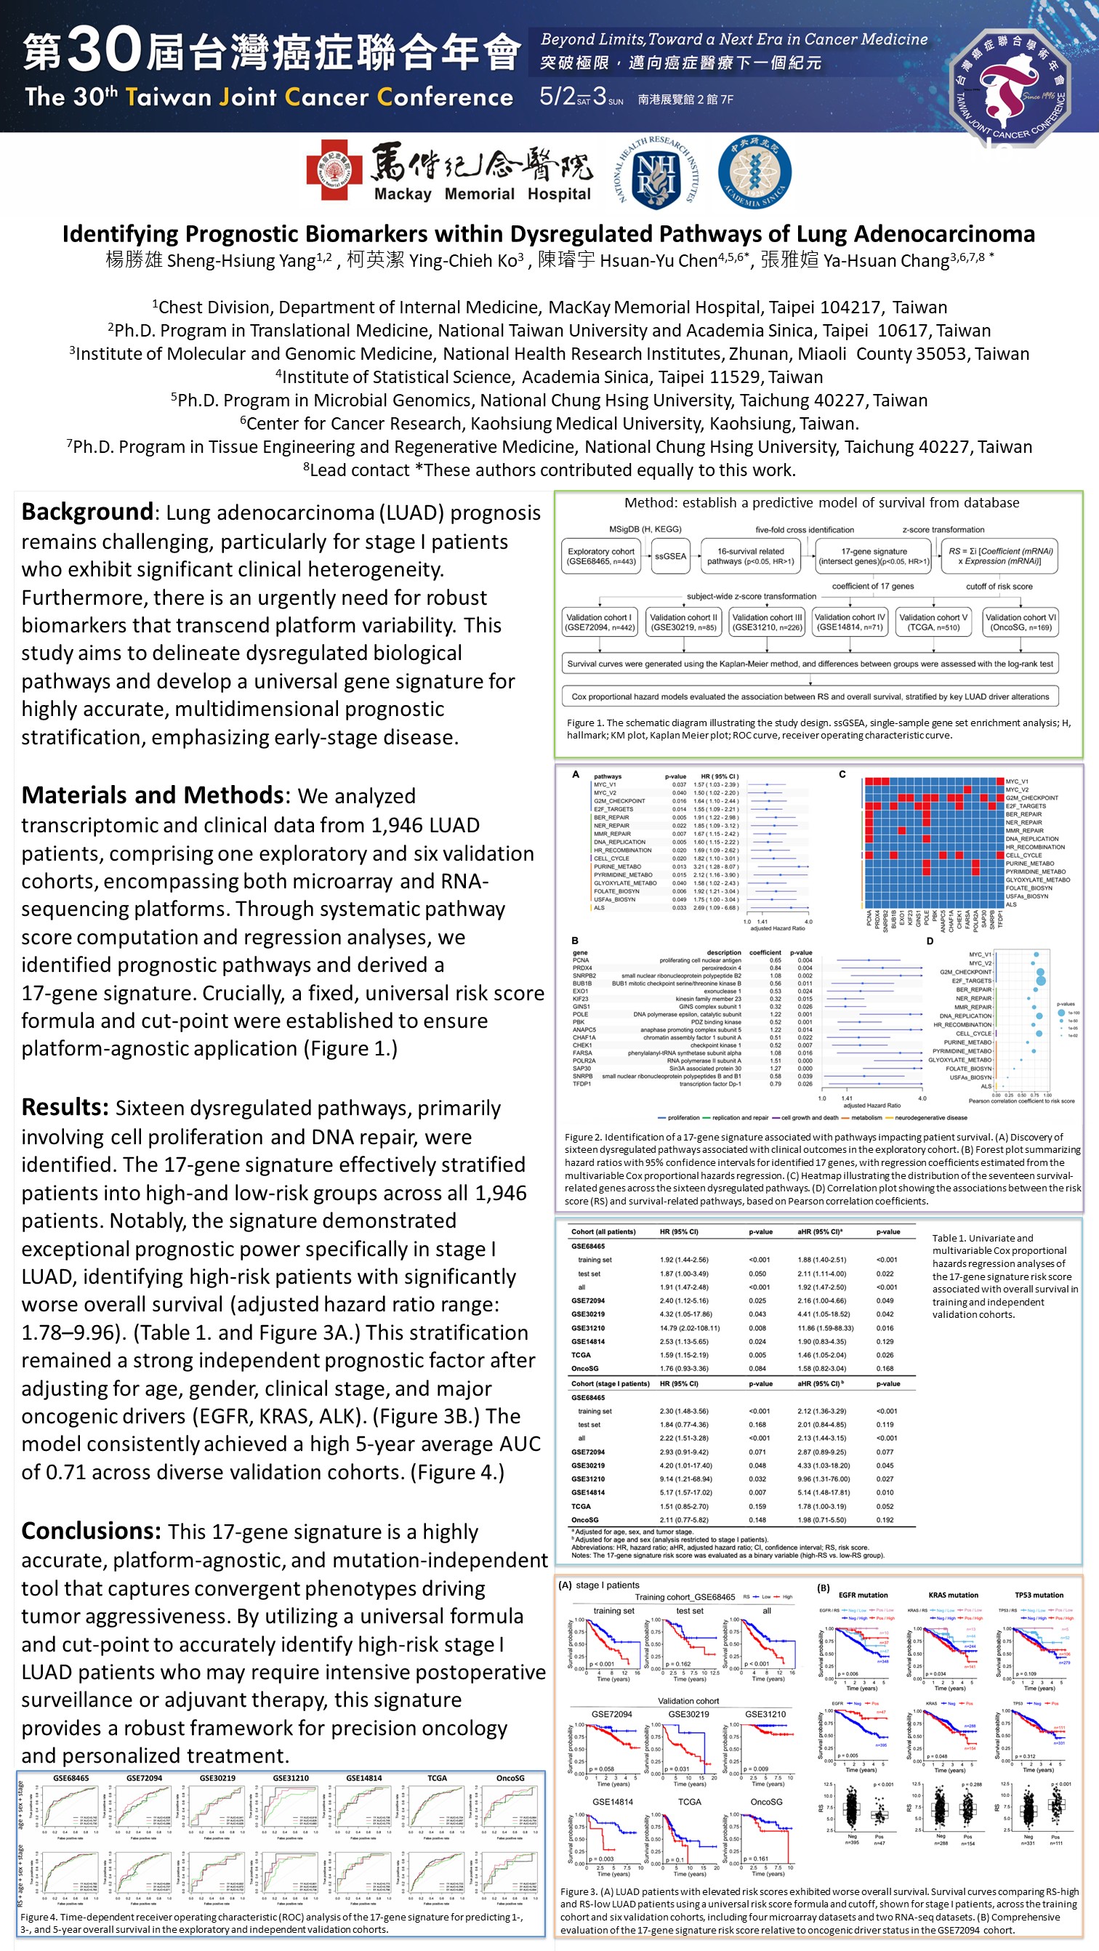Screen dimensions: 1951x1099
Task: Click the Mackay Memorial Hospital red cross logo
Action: pyautogui.click(x=334, y=169)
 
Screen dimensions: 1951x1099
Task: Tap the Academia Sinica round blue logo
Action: pyautogui.click(x=754, y=172)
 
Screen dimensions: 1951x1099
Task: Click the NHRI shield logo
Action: pyautogui.click(x=655, y=173)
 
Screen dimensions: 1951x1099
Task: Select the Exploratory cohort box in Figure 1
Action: pyautogui.click(x=600, y=556)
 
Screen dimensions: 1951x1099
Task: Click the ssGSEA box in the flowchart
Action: pyautogui.click(x=670, y=556)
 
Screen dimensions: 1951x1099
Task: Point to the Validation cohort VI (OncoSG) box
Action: pyautogui.click(x=1020, y=621)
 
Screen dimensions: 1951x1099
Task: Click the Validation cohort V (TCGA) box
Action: pyautogui.click(x=933, y=621)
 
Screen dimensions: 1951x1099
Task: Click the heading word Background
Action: pyautogui.click(x=87, y=512)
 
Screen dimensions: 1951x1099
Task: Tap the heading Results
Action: pyautogui.click(x=65, y=1107)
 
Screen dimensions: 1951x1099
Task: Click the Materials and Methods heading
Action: pyautogui.click(x=152, y=795)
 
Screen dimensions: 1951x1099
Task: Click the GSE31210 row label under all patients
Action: pyautogui.click(x=588, y=1327)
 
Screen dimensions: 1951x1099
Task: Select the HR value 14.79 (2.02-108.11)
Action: pyautogui.click(x=689, y=1327)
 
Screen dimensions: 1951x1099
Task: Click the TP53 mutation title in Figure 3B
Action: pyautogui.click(x=1039, y=1594)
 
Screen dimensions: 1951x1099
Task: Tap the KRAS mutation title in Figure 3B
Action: pyautogui.click(x=953, y=1594)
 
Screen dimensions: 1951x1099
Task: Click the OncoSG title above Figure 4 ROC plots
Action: pyautogui.click(x=510, y=1777)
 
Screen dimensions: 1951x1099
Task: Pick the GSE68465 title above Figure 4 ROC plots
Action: pyautogui.click(x=71, y=1777)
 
